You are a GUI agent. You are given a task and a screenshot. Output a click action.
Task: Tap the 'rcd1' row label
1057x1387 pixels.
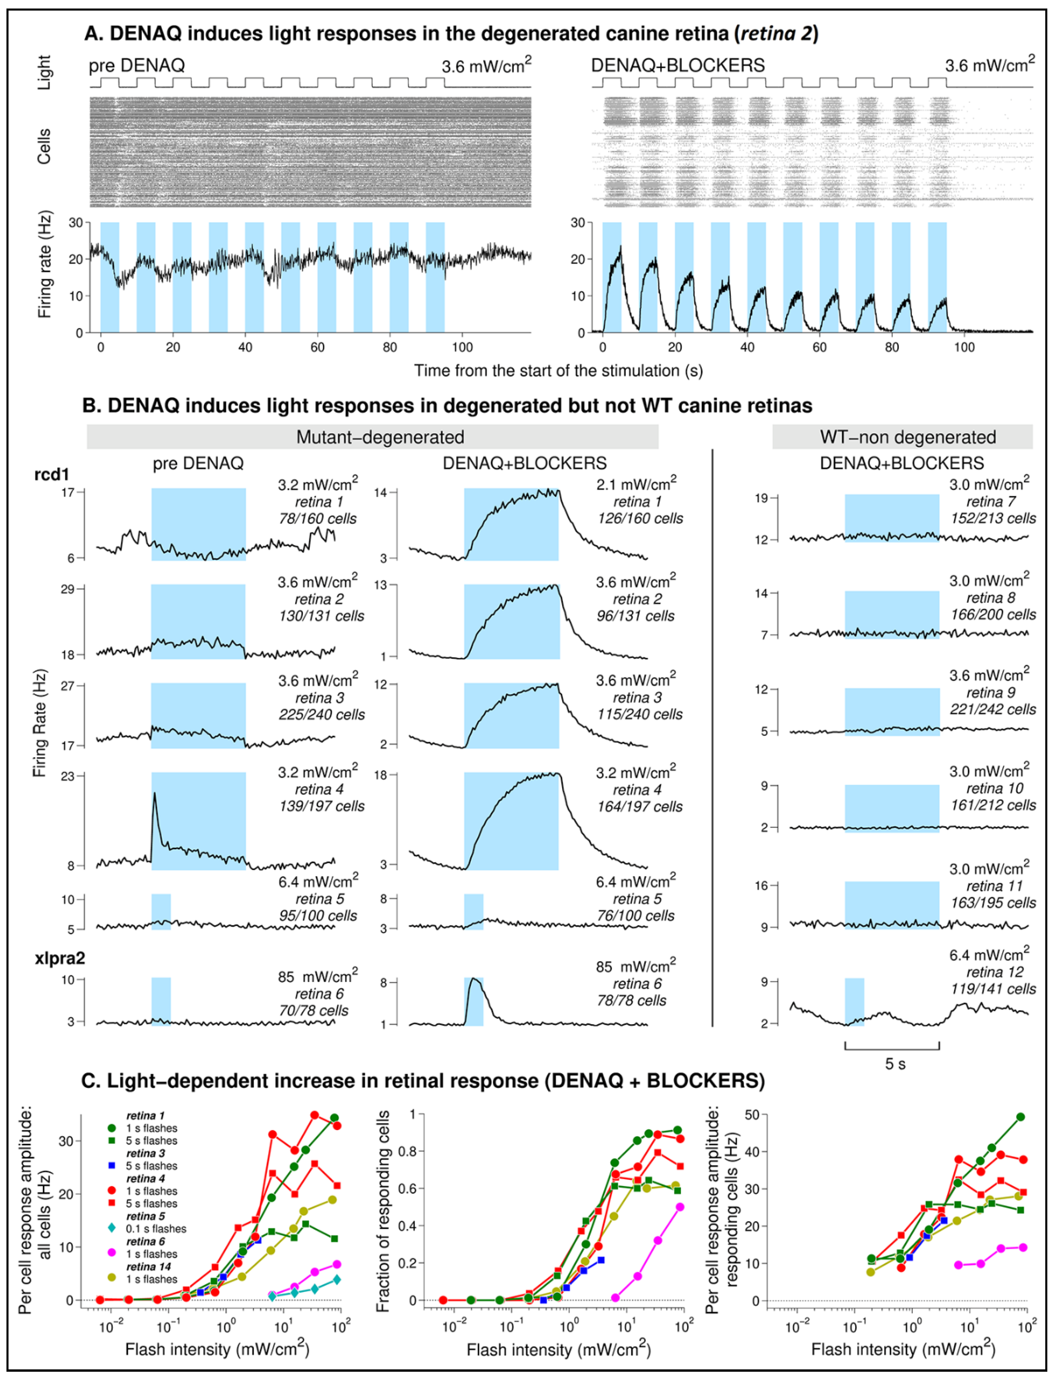52,474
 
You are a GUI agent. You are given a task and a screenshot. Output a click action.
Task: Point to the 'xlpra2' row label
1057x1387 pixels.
60,958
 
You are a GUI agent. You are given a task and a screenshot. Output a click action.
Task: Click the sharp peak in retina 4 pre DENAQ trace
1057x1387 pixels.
154,795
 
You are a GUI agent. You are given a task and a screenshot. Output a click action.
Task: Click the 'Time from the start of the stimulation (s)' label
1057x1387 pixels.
558,371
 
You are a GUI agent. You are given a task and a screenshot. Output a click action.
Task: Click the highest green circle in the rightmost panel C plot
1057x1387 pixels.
1021,1117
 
